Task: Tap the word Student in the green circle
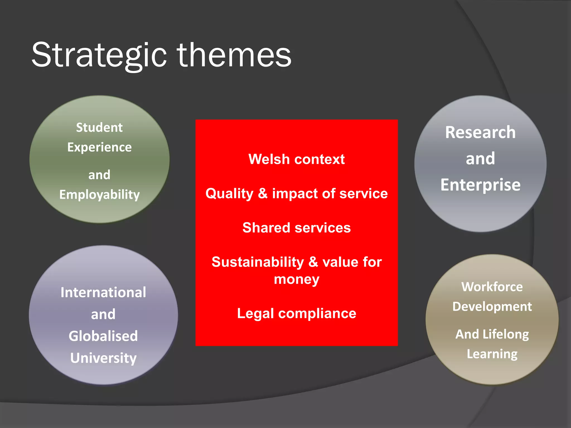(99, 128)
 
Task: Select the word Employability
(99, 195)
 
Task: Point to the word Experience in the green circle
(99, 147)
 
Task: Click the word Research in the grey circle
(480, 132)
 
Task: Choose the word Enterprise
(480, 185)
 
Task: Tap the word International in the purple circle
(103, 293)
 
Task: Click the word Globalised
(103, 336)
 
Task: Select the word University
(103, 358)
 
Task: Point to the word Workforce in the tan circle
(492, 287)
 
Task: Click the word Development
(492, 307)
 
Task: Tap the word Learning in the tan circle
(492, 354)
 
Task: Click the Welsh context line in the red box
(296, 159)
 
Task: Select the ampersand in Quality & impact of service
(263, 193)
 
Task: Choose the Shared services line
(296, 228)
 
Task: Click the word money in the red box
(296, 279)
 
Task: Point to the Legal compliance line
(296, 313)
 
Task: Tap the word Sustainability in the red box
(257, 262)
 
